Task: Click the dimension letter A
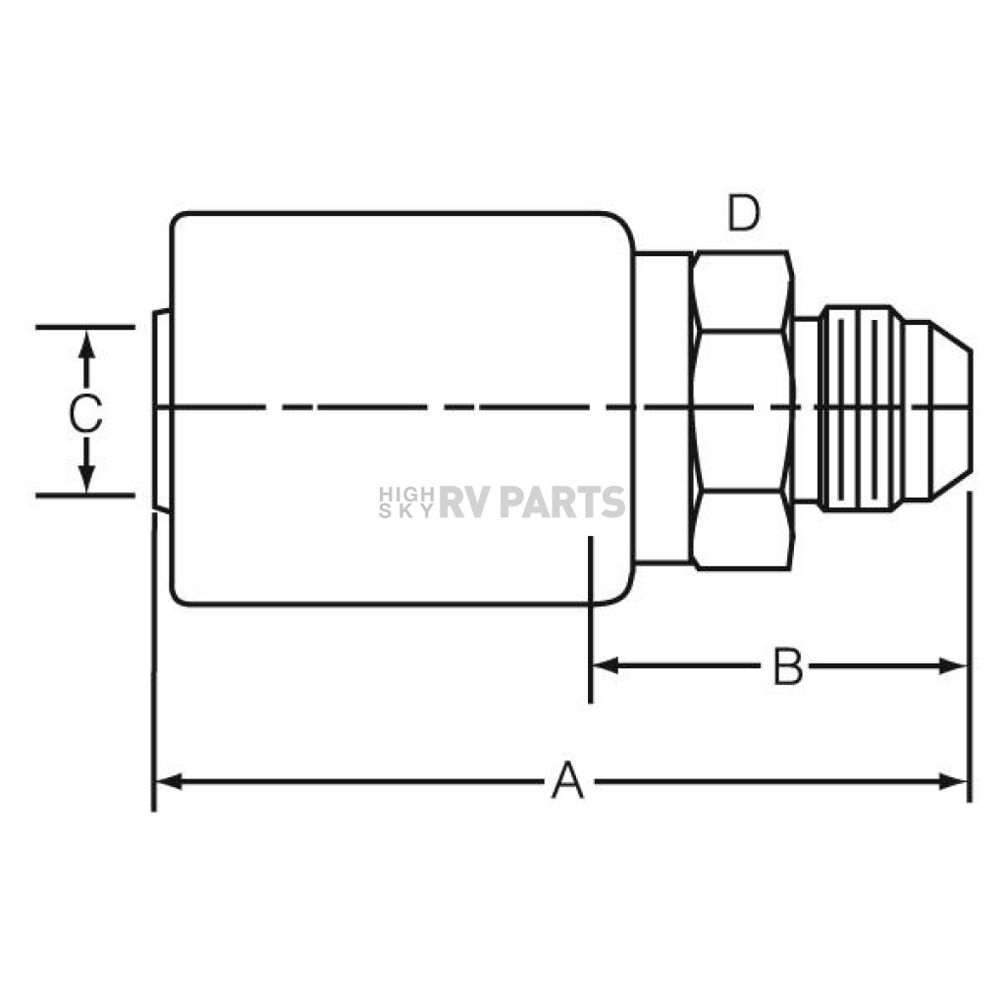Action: point(568,780)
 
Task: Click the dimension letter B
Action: point(787,666)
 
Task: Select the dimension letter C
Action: point(86,413)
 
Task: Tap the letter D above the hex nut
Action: point(744,213)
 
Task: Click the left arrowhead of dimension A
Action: point(168,782)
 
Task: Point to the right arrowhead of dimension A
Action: point(953,782)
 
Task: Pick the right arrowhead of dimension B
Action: point(953,666)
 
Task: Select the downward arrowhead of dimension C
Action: point(86,479)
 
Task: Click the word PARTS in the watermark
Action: point(562,502)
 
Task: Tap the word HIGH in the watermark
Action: point(406,495)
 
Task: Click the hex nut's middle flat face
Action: point(742,411)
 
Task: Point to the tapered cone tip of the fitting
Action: point(950,410)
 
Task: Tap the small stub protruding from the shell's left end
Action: point(162,411)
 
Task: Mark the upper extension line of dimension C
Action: point(85,327)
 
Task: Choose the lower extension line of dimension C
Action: point(85,495)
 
